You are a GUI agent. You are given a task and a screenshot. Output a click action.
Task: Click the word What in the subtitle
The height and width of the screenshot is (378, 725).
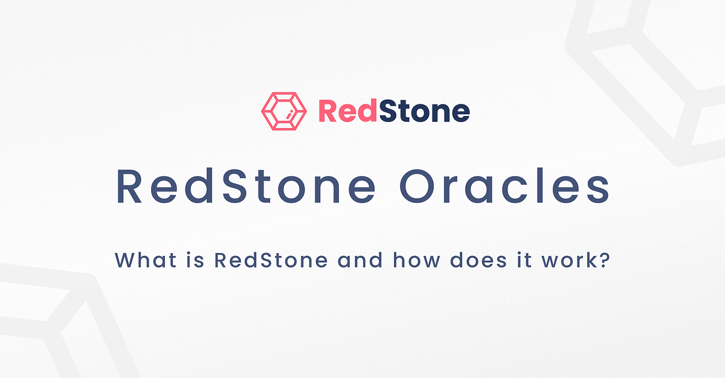tap(138, 261)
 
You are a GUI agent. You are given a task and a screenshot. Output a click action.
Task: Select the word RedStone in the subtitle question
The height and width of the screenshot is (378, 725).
tap(271, 261)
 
